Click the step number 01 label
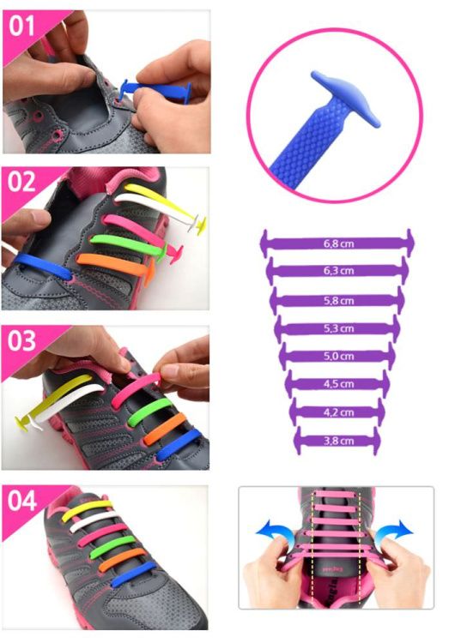pos(21,27)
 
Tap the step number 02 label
pos(21,182)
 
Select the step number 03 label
pos(21,341)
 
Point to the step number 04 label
pos(21,501)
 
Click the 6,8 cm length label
pos(338,243)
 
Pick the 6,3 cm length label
pos(338,271)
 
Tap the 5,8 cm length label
pos(338,301)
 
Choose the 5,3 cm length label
pos(338,328)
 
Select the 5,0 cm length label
pos(338,356)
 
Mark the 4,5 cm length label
pos(338,384)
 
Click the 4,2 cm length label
pos(338,412)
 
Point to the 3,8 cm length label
pos(338,441)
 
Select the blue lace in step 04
pos(134,574)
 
